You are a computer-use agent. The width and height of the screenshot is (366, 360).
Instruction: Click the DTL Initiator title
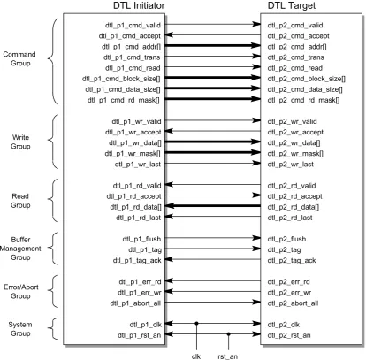pyautogui.click(x=139, y=5)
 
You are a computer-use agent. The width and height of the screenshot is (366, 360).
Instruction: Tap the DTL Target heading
pyautogui.click(x=292, y=5)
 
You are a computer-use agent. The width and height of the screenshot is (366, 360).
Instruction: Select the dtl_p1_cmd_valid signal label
pyautogui.click(x=133, y=26)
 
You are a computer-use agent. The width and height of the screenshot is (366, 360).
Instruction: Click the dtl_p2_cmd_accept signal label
pyautogui.click(x=298, y=36)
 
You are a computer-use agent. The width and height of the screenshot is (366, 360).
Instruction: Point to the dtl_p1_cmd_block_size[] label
pyautogui.click(x=121, y=79)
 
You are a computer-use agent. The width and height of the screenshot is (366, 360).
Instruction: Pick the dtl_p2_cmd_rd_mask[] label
pyautogui.click(x=303, y=100)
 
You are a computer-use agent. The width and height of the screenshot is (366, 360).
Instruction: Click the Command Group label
pyautogui.click(x=19, y=58)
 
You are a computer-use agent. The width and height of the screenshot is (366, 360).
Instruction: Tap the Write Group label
pyautogui.click(x=20, y=142)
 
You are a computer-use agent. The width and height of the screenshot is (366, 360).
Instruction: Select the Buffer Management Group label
pyautogui.click(x=20, y=249)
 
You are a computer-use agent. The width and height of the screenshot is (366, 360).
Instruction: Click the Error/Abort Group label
pyautogui.click(x=21, y=291)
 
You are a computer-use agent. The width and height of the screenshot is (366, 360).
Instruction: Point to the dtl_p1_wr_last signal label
pyautogui.click(x=138, y=165)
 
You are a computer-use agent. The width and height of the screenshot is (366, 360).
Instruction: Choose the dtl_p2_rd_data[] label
pyautogui.click(x=294, y=207)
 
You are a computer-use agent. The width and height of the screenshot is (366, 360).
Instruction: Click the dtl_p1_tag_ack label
pyautogui.click(x=137, y=261)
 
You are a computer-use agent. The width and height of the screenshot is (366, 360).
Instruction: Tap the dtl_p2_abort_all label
pyautogui.click(x=293, y=303)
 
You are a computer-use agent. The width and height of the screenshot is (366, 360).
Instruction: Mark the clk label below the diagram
pyautogui.click(x=196, y=356)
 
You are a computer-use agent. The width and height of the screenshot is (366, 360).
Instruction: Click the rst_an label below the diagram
pyautogui.click(x=228, y=356)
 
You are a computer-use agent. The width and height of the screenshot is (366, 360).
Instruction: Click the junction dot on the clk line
pyautogui.click(x=197, y=324)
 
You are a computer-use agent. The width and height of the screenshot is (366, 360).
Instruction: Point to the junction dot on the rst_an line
pyautogui.click(x=228, y=334)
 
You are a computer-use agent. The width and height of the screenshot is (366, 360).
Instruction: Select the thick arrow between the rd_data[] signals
pyautogui.click(x=213, y=206)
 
